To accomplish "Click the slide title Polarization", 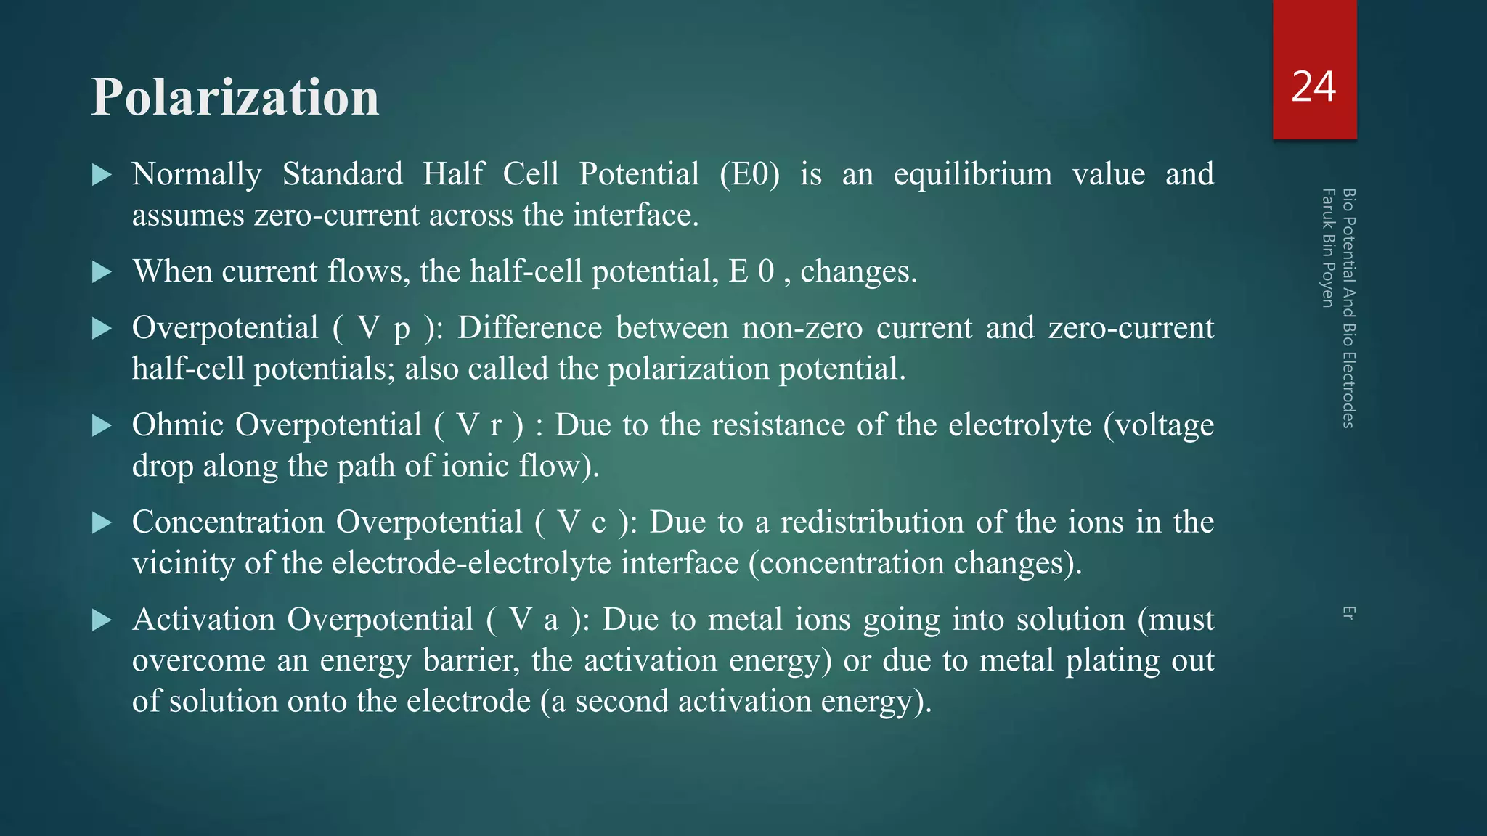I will [x=235, y=97].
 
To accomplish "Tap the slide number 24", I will [x=1313, y=87].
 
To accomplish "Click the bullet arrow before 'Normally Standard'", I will [x=102, y=175].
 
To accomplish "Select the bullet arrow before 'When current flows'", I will [x=102, y=272].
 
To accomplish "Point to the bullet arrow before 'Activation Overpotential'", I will [x=102, y=620].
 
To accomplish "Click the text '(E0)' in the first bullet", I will [x=749, y=175].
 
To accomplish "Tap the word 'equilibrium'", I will [x=972, y=175].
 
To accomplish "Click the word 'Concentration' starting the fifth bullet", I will [x=228, y=522].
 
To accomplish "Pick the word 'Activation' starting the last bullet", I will [x=204, y=620].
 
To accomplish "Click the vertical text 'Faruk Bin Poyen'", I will [x=1328, y=247].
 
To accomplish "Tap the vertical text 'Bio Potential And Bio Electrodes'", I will [x=1348, y=308].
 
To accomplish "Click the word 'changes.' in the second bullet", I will [x=858, y=272].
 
